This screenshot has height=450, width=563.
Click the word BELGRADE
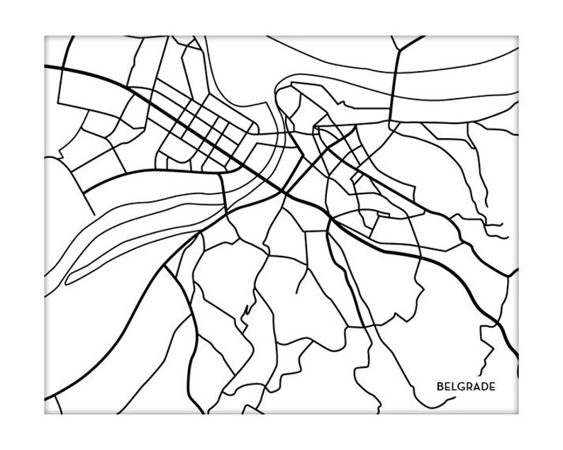click(466, 386)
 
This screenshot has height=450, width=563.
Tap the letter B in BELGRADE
click(440, 386)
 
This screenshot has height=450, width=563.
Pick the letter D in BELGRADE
click(484, 386)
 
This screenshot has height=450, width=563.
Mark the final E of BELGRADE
click(492, 386)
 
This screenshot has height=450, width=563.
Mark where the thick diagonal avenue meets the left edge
click(45, 67)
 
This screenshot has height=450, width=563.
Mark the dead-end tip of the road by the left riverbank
click(93, 213)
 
